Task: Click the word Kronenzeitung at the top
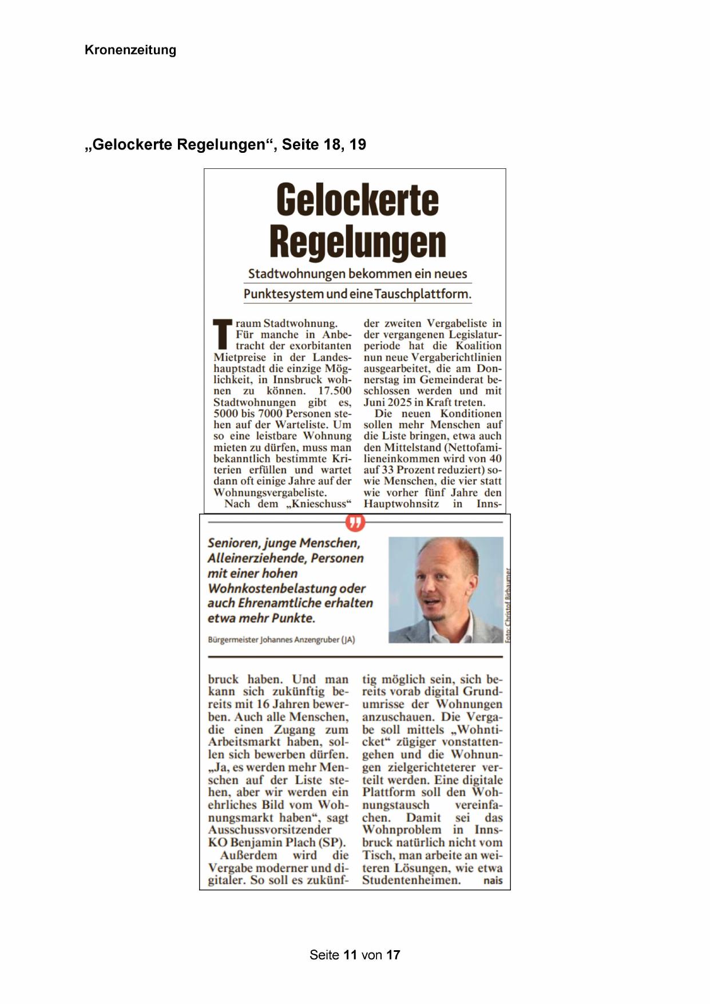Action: (130, 50)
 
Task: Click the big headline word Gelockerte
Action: (357, 200)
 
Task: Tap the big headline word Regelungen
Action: (357, 242)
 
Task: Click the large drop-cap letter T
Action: (223, 334)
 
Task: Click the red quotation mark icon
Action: (355, 522)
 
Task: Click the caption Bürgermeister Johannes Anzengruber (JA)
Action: (281, 640)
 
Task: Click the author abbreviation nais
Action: (493, 880)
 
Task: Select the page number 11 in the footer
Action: (350, 955)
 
